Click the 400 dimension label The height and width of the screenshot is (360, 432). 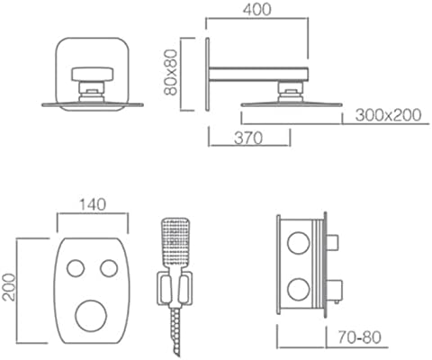click(257, 9)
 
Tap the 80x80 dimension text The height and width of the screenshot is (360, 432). click(171, 72)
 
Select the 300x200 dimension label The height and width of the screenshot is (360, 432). click(388, 115)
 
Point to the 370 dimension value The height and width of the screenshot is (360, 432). click(248, 139)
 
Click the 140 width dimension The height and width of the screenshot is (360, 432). click(93, 204)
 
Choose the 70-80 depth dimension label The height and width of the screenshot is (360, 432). click(359, 337)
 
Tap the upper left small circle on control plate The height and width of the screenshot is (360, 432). click(76, 268)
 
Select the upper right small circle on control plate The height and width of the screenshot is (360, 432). click(109, 268)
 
